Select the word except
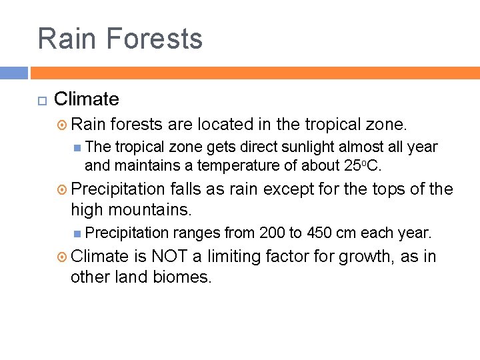tap(289, 189)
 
